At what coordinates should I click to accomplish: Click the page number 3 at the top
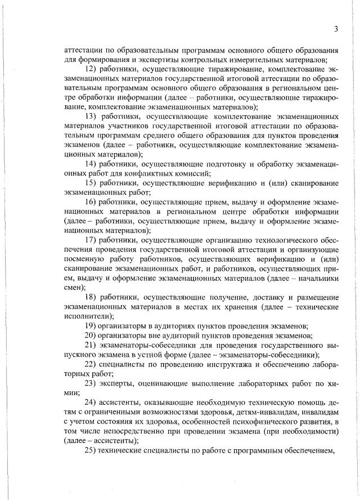point(336,29)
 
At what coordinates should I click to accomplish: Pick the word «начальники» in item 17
point(318,278)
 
